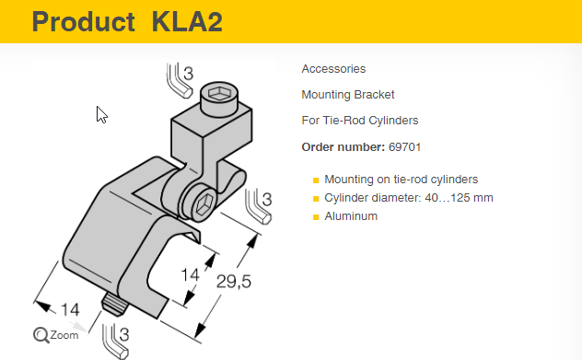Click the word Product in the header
click(x=84, y=21)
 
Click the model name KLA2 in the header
click(x=188, y=21)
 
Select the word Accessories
click(x=333, y=69)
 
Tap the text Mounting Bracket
click(x=348, y=95)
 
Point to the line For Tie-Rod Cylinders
click(x=360, y=121)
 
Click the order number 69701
click(x=404, y=147)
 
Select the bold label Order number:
click(x=343, y=147)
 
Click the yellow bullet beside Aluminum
click(x=316, y=217)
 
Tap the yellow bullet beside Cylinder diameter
click(x=316, y=199)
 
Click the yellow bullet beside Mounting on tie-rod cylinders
click(x=316, y=180)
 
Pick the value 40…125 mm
click(x=459, y=198)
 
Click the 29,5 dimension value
click(x=234, y=282)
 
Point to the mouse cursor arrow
click(x=101, y=114)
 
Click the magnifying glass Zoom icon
click(x=41, y=335)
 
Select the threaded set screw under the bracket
click(x=115, y=304)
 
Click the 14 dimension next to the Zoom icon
click(x=70, y=310)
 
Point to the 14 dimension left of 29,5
click(x=190, y=275)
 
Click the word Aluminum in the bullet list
click(x=351, y=216)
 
